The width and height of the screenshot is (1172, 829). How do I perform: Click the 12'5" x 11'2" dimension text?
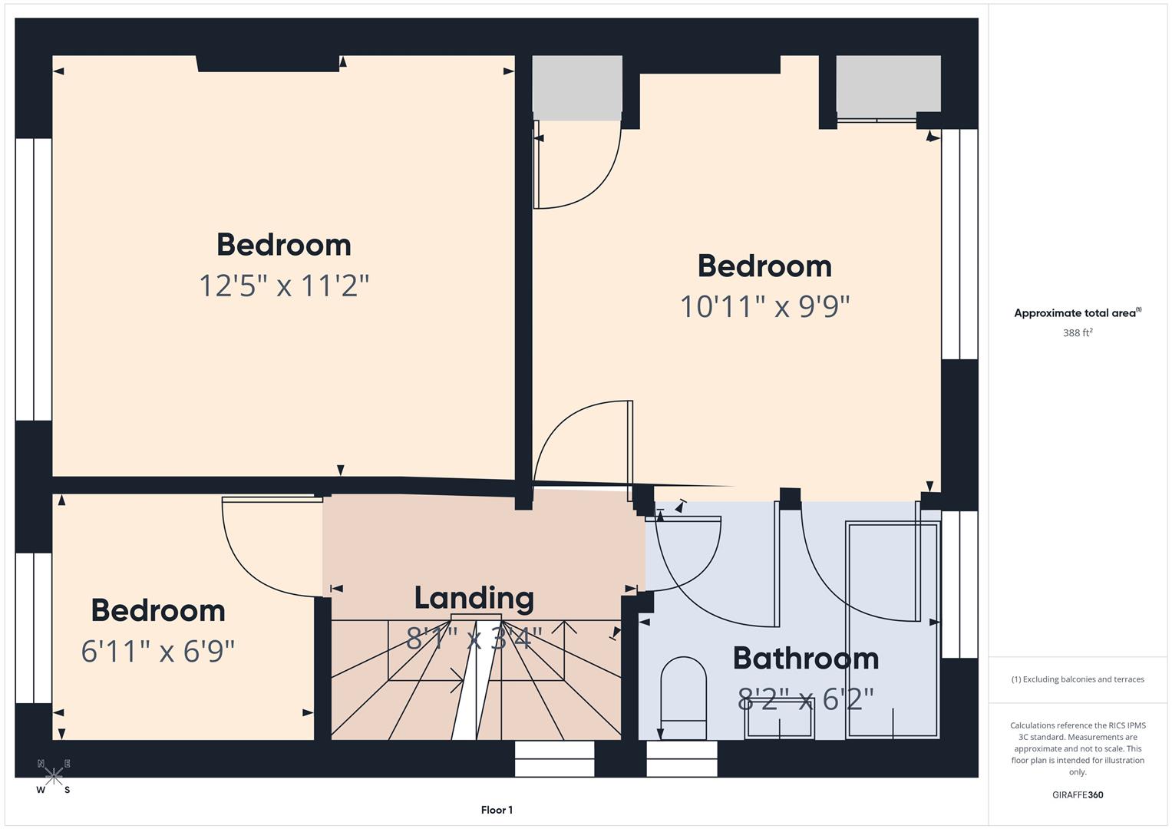284,286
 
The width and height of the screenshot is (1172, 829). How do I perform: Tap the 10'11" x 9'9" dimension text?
764,307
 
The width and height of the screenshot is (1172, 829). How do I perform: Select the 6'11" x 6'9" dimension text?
157,652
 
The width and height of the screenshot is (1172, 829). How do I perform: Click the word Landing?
474,598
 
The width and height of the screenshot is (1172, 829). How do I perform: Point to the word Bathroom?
805,658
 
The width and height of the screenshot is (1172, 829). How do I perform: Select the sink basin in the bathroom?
780,719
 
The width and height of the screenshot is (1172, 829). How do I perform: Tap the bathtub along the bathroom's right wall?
892,629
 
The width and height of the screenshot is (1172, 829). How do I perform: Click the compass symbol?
54,776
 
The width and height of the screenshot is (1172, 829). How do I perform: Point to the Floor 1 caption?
497,810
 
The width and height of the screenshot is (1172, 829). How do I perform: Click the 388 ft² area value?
1078,333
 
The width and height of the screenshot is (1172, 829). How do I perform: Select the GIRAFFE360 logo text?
1078,794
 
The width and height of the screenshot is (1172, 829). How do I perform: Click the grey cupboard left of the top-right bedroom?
577,88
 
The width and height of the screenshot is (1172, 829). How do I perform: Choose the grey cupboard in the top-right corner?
888,84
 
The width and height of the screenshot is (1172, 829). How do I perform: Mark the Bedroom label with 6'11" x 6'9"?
158,611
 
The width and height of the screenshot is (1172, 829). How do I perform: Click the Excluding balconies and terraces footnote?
1078,679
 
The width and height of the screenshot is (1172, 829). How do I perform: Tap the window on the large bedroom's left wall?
33,279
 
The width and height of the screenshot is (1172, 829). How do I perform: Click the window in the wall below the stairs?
554,758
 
